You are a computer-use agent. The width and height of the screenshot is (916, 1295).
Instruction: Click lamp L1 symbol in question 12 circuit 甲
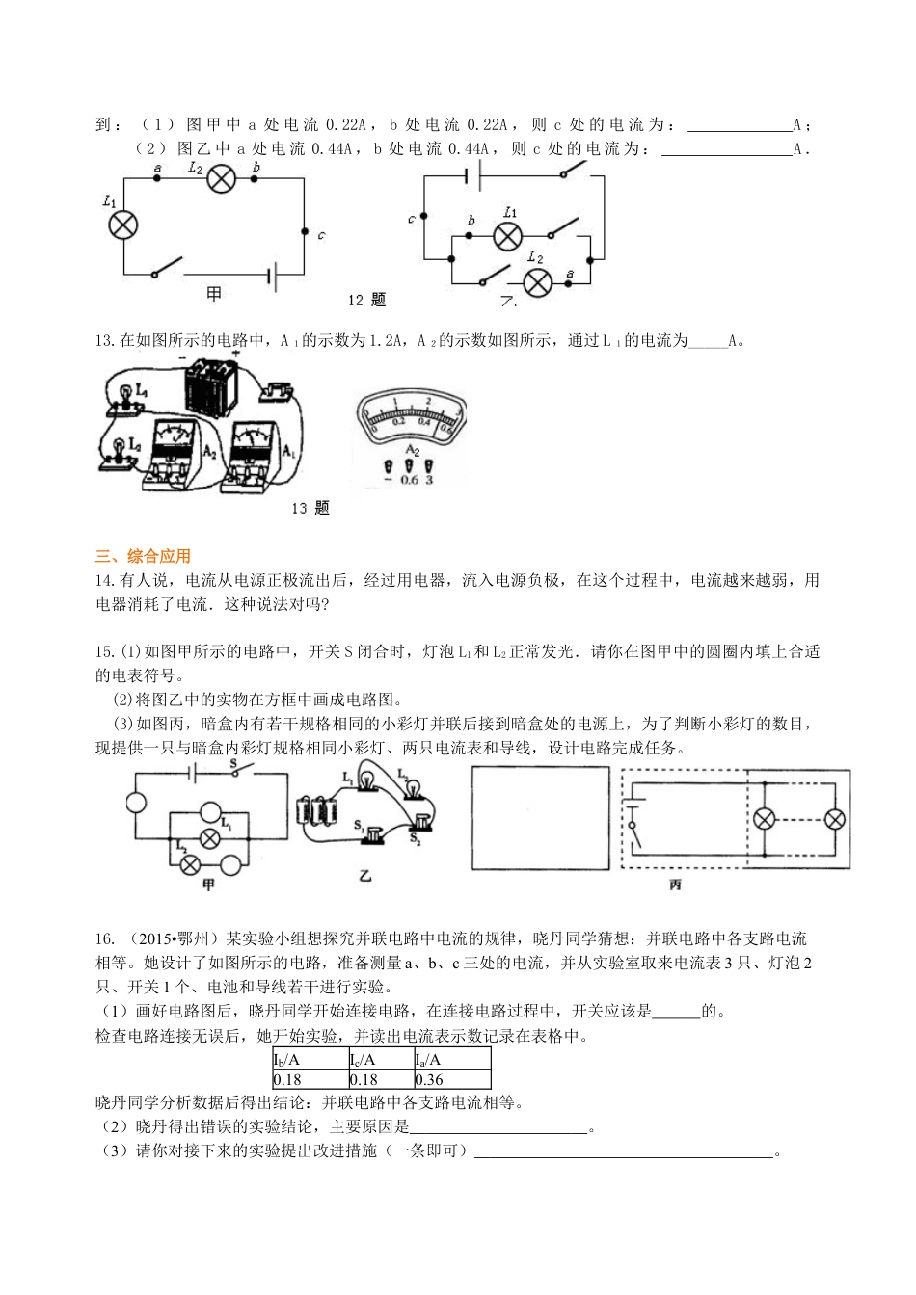122,225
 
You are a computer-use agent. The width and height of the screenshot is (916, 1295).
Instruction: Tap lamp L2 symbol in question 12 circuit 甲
223,178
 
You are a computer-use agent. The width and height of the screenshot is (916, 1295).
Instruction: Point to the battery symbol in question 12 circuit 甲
274,277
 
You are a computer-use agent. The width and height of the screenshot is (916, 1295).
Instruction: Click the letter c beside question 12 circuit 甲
320,235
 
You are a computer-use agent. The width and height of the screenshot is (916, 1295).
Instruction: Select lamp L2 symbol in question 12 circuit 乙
537,281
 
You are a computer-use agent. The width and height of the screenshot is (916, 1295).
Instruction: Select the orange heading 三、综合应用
144,556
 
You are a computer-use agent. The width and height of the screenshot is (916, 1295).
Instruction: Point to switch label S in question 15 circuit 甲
232,764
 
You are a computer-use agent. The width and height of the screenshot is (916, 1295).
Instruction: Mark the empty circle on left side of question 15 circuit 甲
135,802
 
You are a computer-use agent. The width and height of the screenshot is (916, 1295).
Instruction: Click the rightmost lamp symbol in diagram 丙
835,819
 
